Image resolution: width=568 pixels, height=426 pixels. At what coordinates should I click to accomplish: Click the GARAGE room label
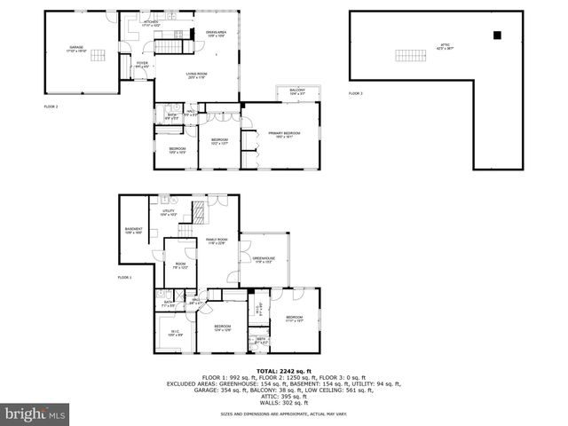tap(75, 50)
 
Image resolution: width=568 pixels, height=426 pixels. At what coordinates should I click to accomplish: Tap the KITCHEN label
tap(151, 24)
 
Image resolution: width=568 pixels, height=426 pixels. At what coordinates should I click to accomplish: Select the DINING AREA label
tap(217, 35)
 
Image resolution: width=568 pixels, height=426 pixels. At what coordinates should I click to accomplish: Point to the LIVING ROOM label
tap(196, 76)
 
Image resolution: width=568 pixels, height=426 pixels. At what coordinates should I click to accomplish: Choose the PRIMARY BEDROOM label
tap(281, 134)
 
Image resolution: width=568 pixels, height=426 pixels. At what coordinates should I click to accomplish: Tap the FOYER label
tap(142, 64)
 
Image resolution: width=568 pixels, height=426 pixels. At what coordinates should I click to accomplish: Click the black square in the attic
tap(498, 35)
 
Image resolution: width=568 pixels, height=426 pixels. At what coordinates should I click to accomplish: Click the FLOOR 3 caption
tap(355, 93)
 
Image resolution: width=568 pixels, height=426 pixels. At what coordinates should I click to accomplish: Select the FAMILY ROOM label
tap(217, 241)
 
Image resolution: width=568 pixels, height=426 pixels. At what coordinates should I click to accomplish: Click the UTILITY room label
tap(168, 213)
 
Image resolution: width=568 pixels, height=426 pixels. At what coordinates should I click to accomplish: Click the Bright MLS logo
tap(35, 414)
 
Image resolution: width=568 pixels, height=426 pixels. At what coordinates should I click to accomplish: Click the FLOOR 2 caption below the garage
tap(51, 106)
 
